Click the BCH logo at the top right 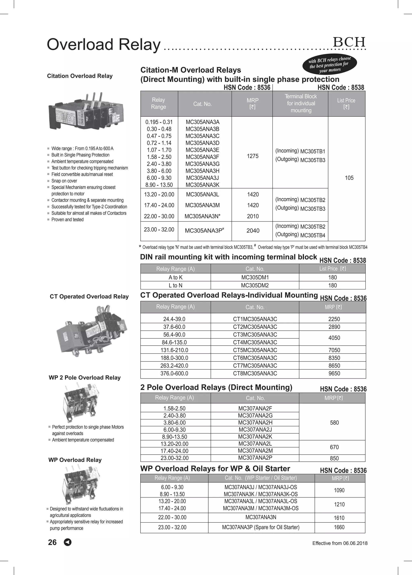click(349, 42)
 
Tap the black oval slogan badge click(330, 65)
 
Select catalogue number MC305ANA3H click(202, 171)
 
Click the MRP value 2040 click(253, 230)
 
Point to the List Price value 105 click(349, 178)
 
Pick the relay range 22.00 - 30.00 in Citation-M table click(159, 216)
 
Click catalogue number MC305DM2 click(255, 285)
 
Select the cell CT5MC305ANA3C click(255, 350)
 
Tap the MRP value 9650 click(334, 373)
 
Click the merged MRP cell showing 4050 click(334, 338)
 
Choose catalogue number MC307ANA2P click(255, 458)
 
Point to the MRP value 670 click(334, 447)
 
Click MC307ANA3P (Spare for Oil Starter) click(261, 527)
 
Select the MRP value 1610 click(339, 518)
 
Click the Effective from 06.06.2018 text click(340, 543)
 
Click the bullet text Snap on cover click(64, 181)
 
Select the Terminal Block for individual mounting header click(301, 103)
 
